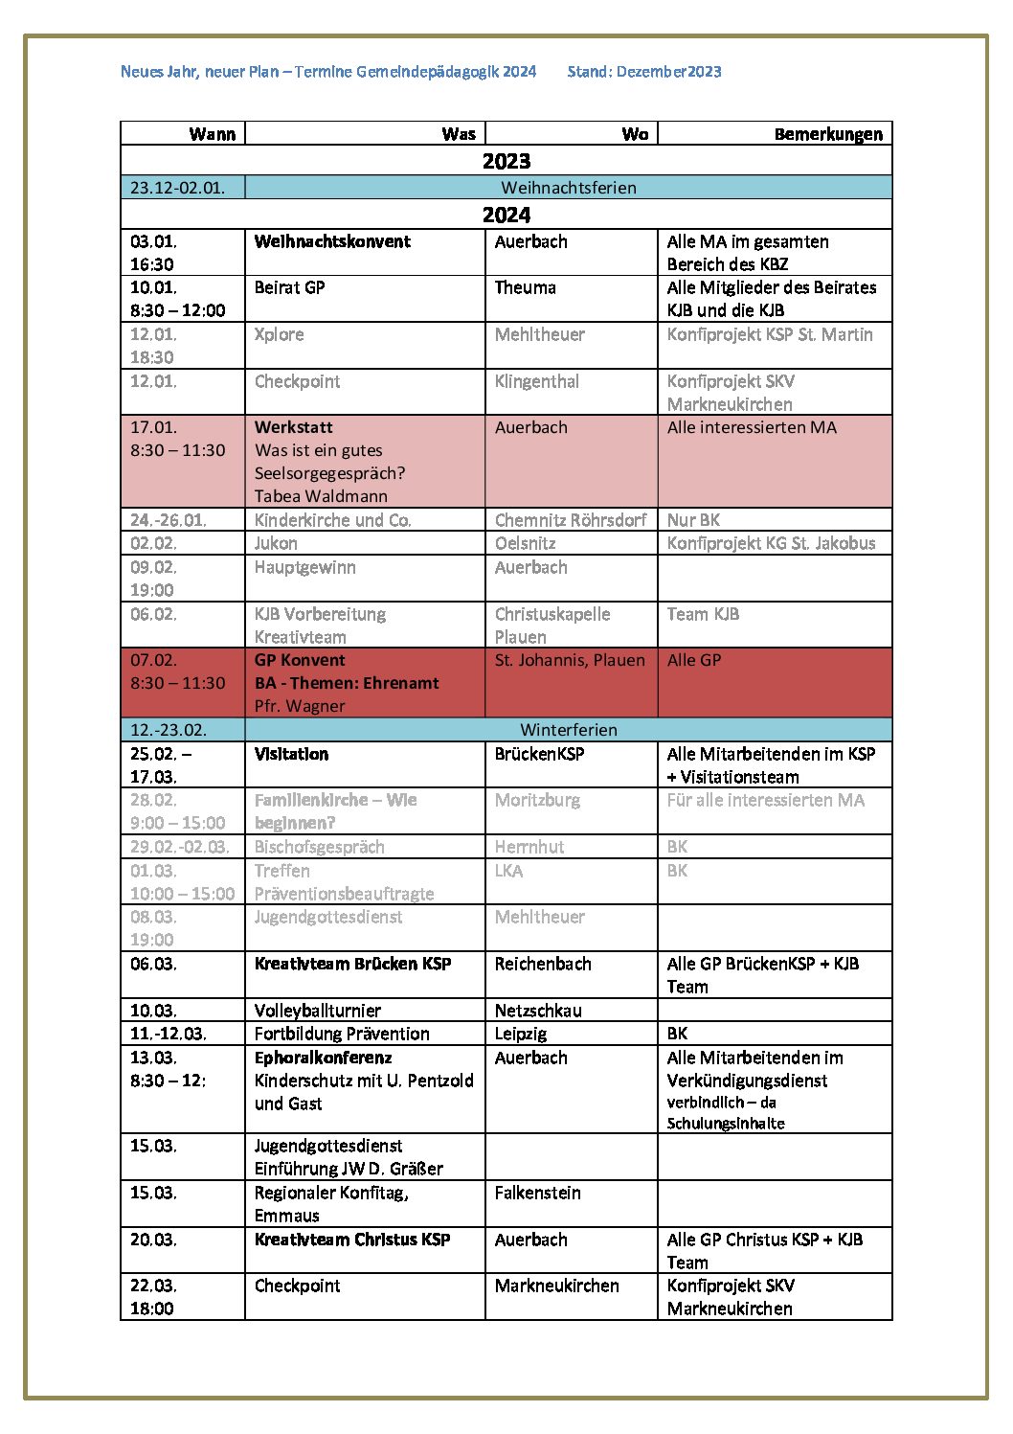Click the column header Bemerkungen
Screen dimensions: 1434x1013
pyautogui.click(x=828, y=134)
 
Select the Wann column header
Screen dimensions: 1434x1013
pyautogui.click(x=212, y=134)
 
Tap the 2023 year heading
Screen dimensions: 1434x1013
pyautogui.click(x=506, y=161)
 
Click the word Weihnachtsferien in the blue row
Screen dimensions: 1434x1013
pyautogui.click(x=569, y=188)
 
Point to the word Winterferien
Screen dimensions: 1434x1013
pyautogui.click(x=569, y=730)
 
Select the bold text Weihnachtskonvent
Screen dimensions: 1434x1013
pyautogui.click(x=332, y=241)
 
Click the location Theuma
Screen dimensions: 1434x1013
pyautogui.click(x=525, y=287)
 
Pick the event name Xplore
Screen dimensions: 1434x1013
pyautogui.click(x=279, y=334)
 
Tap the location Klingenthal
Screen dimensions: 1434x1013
pyautogui.click(x=536, y=381)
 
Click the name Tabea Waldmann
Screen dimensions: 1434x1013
pyautogui.click(x=321, y=496)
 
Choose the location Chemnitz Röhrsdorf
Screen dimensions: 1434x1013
pyautogui.click(x=571, y=520)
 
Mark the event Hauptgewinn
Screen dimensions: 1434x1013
pyautogui.click(x=304, y=567)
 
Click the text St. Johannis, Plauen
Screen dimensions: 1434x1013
pyautogui.click(x=570, y=660)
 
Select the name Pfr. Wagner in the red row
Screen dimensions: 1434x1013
pyautogui.click(x=300, y=706)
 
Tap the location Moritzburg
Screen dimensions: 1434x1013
pyautogui.click(x=537, y=800)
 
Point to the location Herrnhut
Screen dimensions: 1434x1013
pyautogui.click(x=529, y=847)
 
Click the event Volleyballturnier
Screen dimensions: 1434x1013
pyautogui.click(x=317, y=1011)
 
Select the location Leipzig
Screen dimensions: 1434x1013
pyautogui.click(x=521, y=1034)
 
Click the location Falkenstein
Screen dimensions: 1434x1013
pyautogui.click(x=537, y=1193)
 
